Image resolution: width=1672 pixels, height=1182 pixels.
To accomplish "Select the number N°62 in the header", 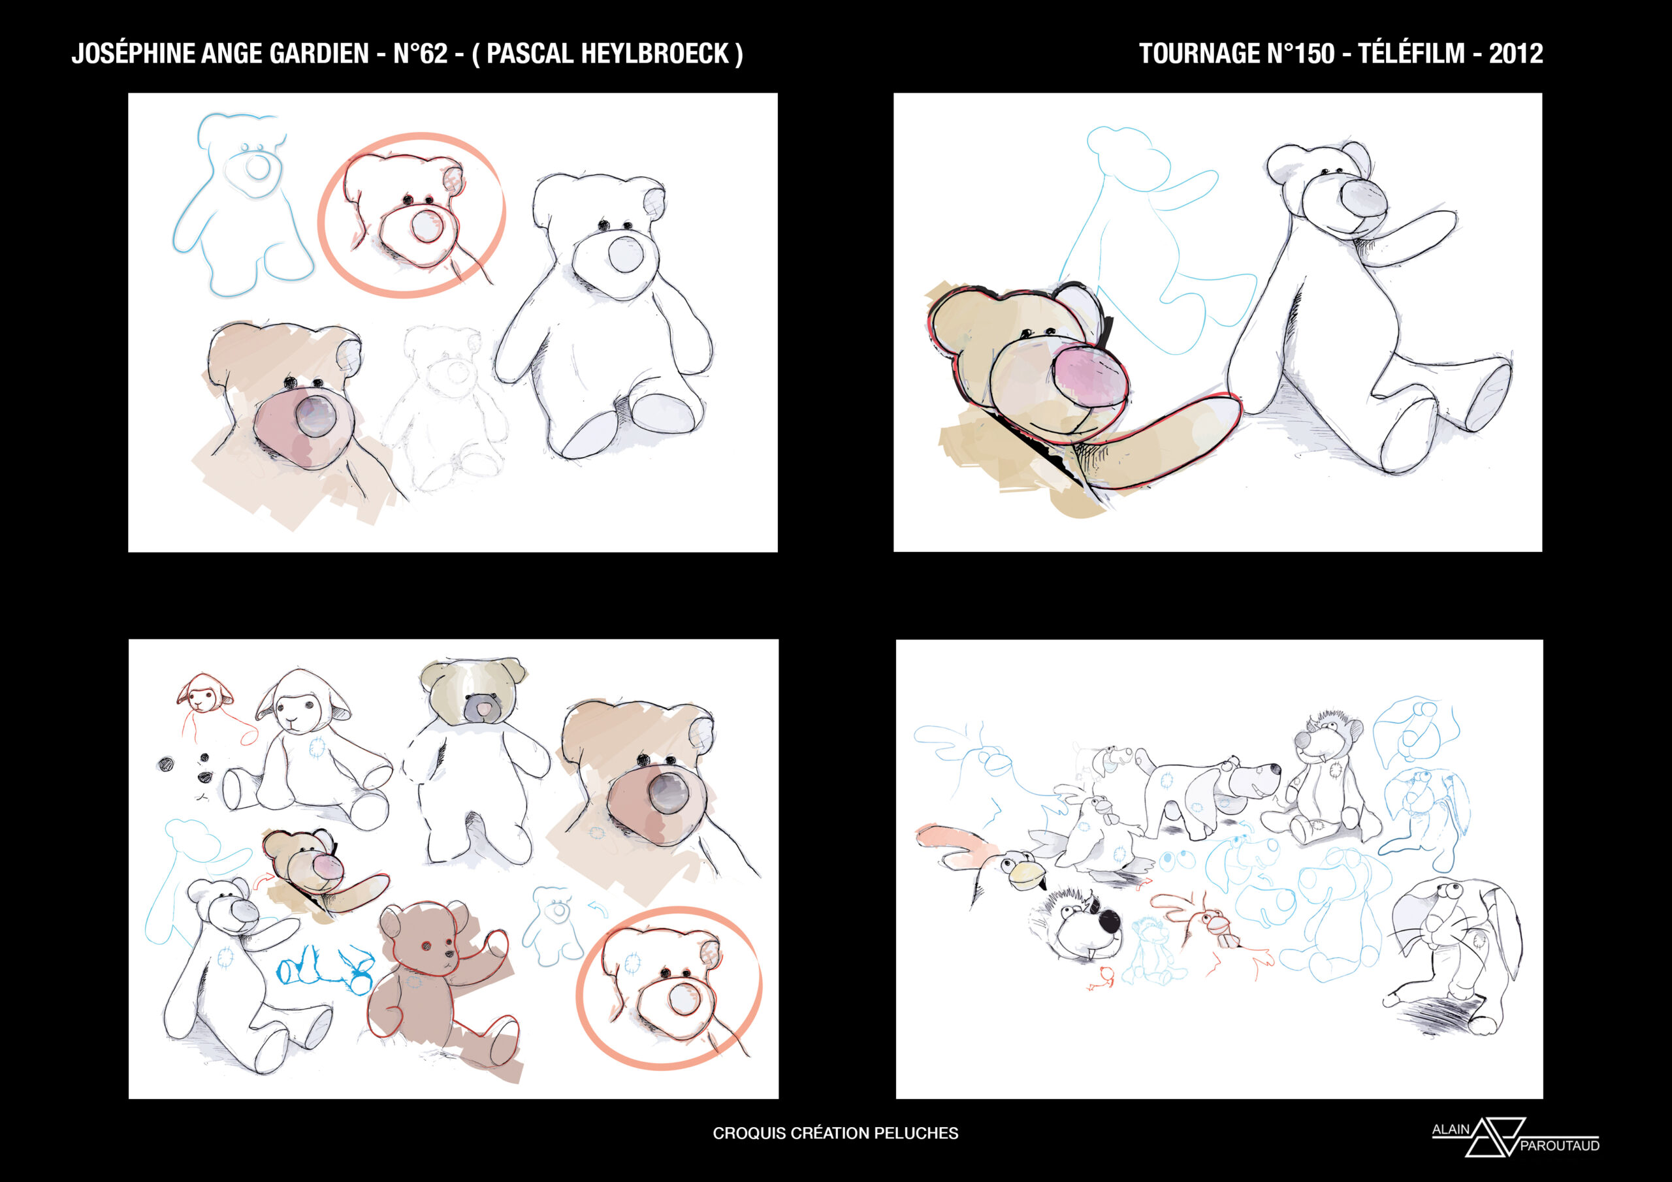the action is [420, 53].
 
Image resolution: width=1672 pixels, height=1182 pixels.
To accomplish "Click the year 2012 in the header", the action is [1515, 53].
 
